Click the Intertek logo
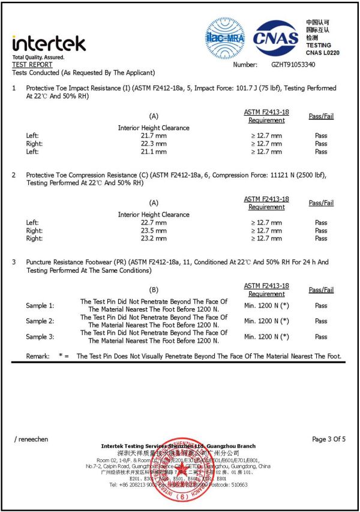coord(49,44)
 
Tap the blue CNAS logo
coord(275,38)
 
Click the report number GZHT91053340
coord(293,64)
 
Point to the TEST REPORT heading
coord(32,65)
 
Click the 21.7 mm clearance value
coord(153,136)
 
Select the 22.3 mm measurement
coord(153,144)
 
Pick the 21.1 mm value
coord(153,152)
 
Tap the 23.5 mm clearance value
coord(153,231)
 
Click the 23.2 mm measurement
coord(153,239)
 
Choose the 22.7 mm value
coord(153,223)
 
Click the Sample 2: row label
coord(40,321)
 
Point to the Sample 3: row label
coord(40,337)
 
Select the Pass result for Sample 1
coord(321,306)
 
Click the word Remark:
coord(38,357)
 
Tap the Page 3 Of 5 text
coord(329,439)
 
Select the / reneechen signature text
coord(31,439)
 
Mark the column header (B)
coord(154,290)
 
